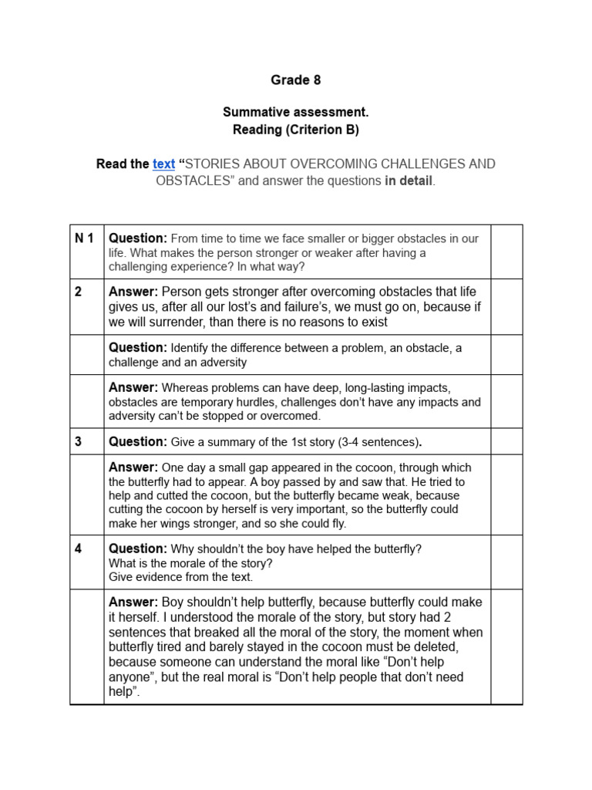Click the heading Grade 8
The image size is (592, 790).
(295, 80)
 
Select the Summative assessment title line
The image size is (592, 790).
(295, 113)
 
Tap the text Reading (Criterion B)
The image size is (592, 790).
(295, 130)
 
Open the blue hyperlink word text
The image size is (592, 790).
(163, 164)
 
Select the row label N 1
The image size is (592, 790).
(84, 238)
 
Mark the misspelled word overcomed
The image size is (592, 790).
(293, 416)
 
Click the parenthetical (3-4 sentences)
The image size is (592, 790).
(368, 442)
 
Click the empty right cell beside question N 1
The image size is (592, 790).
(506, 252)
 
